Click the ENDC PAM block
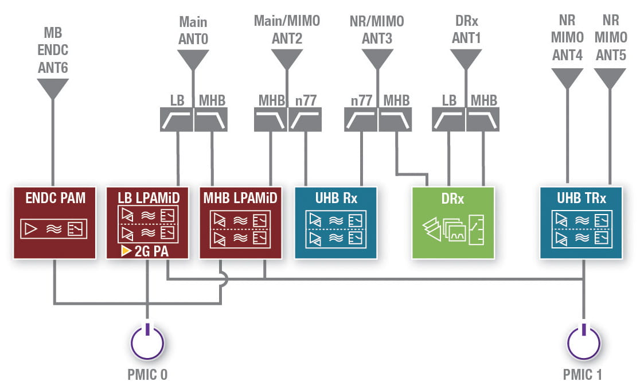click(55, 222)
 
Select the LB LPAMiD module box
click(147, 222)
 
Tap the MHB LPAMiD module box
click(240, 222)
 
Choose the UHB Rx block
click(335, 222)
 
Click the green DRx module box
click(453, 222)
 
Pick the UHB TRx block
click(581, 222)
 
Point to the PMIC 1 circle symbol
click(584, 342)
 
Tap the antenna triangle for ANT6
click(53, 88)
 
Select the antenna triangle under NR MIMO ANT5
click(610, 77)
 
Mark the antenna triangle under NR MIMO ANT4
click(567, 77)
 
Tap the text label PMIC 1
click(583, 375)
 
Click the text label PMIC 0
click(147, 375)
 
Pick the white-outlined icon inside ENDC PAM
click(55, 229)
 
